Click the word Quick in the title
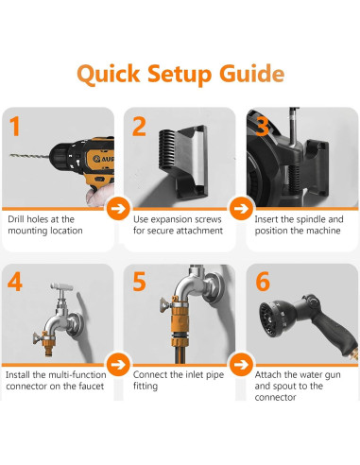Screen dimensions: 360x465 pyautogui.click(x=109, y=75)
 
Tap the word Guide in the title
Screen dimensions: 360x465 pyautogui.click(x=252, y=74)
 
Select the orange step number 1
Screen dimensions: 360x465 pyautogui.click(x=14, y=127)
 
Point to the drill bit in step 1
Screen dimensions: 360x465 pyautogui.click(x=29, y=156)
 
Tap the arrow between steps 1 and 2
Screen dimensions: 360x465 pyautogui.click(x=118, y=208)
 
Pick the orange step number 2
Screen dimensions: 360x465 pyautogui.click(x=139, y=127)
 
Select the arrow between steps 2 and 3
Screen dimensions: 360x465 pyautogui.click(x=241, y=208)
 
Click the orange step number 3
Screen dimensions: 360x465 pyautogui.click(x=263, y=127)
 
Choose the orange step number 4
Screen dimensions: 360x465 pyautogui.click(x=15, y=282)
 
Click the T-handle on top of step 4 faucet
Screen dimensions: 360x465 pyautogui.click(x=61, y=286)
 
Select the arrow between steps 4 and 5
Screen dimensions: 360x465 pyautogui.click(x=118, y=365)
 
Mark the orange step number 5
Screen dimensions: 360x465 pyautogui.click(x=139, y=282)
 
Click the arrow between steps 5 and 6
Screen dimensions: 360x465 pyautogui.click(x=241, y=365)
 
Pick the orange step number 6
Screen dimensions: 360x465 pyautogui.click(x=263, y=282)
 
